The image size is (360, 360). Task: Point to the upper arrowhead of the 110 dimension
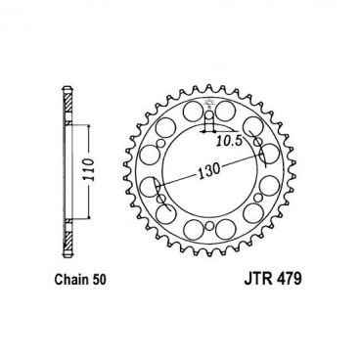(x=90, y=126)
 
